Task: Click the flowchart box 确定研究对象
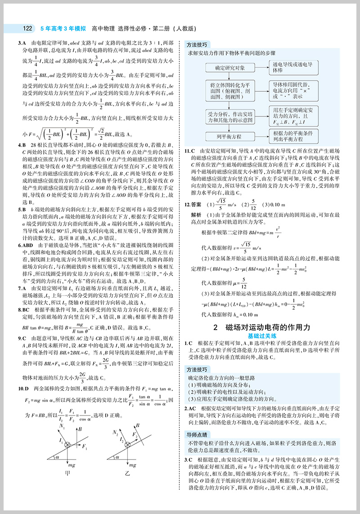[x=227, y=68]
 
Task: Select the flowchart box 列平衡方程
[x=227, y=135]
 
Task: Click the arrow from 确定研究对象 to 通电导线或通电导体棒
[x=259, y=68]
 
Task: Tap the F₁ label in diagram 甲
[x=86, y=445]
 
